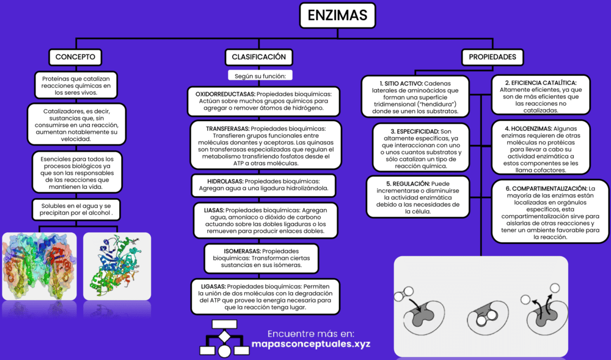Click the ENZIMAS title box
click(x=337, y=15)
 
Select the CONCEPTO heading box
click(x=75, y=57)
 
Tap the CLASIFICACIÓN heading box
click(x=259, y=57)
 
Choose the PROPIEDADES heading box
click(x=492, y=57)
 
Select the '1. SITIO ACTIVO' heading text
click(x=400, y=83)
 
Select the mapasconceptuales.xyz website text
click(x=310, y=344)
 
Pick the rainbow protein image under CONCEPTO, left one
click(x=39, y=265)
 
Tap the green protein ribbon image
click(x=117, y=265)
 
